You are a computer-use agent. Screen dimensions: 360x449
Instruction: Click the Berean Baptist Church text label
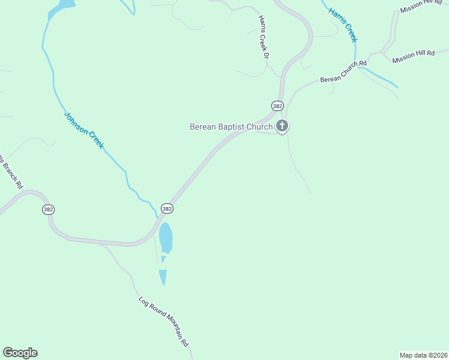pyautogui.click(x=231, y=127)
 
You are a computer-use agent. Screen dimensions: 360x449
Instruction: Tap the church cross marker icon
pyautogui.click(x=282, y=126)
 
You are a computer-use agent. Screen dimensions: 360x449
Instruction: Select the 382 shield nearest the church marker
pyautogui.click(x=277, y=106)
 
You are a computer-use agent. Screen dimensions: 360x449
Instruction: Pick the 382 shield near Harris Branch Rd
pyautogui.click(x=49, y=209)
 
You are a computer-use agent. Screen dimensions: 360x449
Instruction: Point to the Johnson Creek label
pyautogui.click(x=84, y=130)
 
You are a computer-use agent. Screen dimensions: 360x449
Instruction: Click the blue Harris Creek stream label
pyautogui.click(x=343, y=25)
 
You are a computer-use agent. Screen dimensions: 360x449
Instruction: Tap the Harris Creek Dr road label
pyautogui.click(x=262, y=36)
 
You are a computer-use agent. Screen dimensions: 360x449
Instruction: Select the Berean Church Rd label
pyautogui.click(x=343, y=71)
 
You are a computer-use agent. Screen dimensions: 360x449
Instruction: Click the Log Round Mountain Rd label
pyautogui.click(x=164, y=322)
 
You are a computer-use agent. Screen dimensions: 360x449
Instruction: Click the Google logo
pyautogui.click(x=20, y=353)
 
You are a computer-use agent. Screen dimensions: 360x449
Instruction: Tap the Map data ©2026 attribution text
pyautogui.click(x=423, y=355)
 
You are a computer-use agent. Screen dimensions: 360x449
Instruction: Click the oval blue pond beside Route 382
pyautogui.click(x=166, y=238)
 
